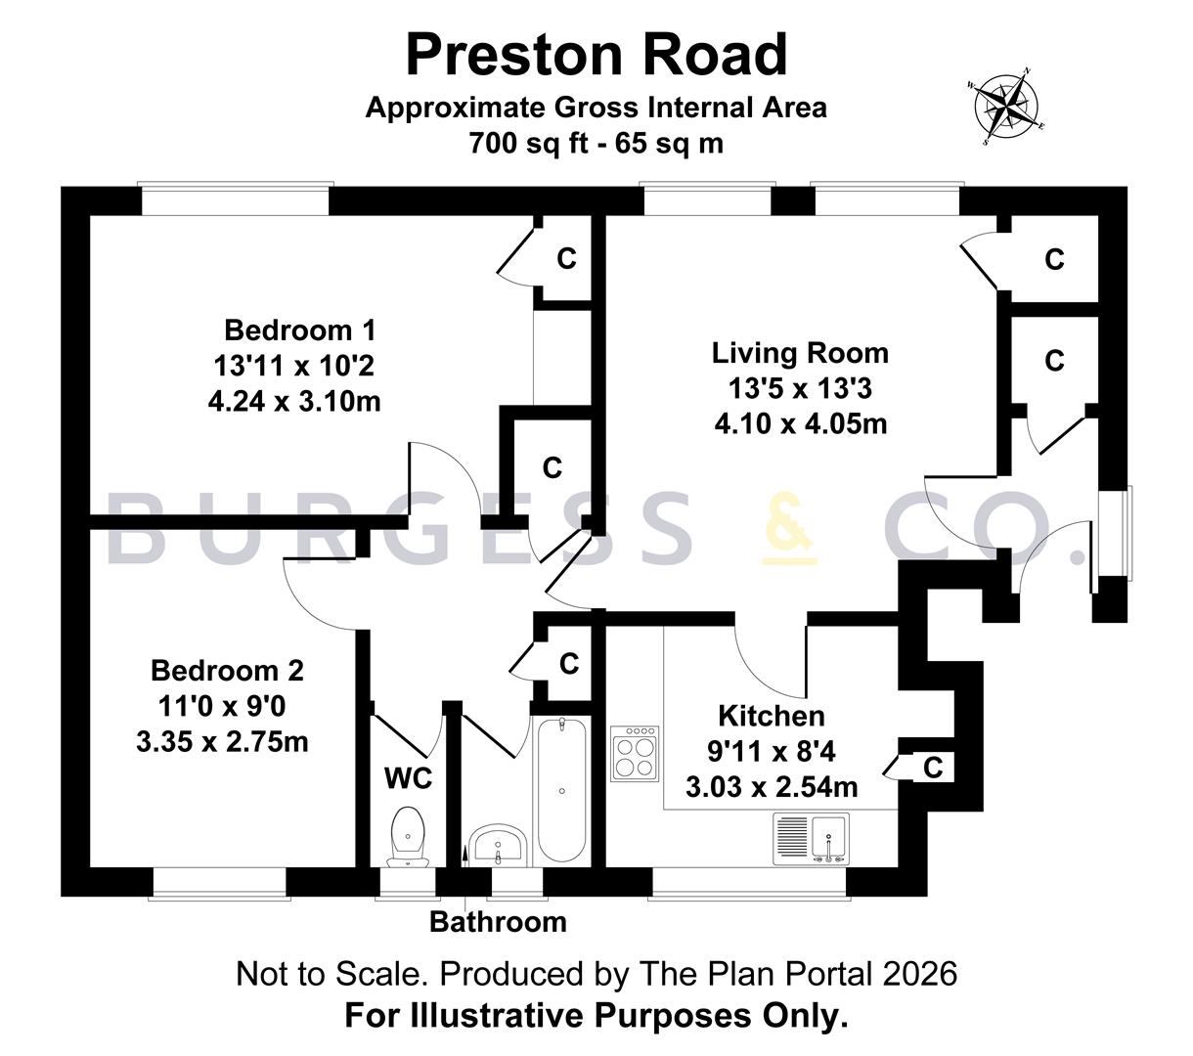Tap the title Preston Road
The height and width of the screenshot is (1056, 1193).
tap(596, 54)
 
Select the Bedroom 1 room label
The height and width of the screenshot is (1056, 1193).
tap(300, 330)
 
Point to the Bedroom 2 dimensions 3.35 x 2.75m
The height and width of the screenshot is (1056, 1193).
tap(223, 741)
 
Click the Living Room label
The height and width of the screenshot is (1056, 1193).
tap(800, 353)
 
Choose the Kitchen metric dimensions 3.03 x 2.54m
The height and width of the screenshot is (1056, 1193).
tap(772, 787)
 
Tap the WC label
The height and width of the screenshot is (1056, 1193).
tap(408, 778)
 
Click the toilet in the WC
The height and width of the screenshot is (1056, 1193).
tap(408, 837)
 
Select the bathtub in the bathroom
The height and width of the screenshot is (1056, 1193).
tap(562, 790)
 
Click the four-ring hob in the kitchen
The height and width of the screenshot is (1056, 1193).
tap(635, 753)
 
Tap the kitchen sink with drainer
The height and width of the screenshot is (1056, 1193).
tap(811, 839)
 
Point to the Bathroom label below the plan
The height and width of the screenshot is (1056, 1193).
tap(498, 922)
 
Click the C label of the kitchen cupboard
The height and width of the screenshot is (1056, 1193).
tap(933, 768)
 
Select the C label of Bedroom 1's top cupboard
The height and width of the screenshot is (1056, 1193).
tap(566, 258)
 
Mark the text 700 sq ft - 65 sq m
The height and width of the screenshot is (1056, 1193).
tap(596, 144)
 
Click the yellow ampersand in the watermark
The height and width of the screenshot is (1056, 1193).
tap(789, 530)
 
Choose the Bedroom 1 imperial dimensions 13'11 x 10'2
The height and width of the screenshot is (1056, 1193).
tap(293, 366)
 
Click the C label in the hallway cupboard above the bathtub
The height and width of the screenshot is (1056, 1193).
tap(569, 664)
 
